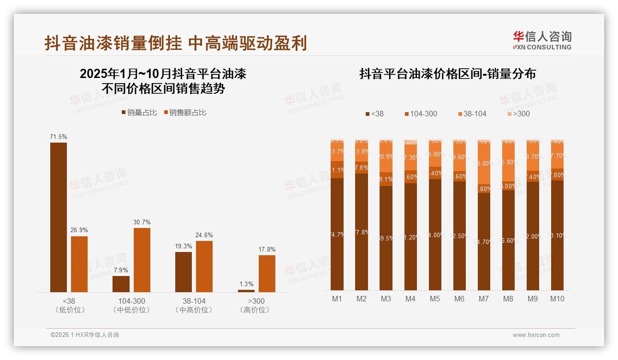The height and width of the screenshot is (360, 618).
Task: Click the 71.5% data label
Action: (x=59, y=137)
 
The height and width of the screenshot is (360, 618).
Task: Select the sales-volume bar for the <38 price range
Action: (x=59, y=217)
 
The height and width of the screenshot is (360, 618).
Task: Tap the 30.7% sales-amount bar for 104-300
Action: (x=142, y=260)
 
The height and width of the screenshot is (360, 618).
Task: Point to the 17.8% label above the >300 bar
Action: (x=267, y=249)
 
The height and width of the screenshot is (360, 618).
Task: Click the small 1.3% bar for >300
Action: (x=246, y=291)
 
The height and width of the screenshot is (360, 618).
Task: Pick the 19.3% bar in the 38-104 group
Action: (x=184, y=272)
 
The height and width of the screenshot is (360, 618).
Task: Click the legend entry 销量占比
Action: (x=139, y=113)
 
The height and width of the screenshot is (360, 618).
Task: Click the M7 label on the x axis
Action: (x=483, y=299)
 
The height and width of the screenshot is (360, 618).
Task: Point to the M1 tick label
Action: (x=337, y=299)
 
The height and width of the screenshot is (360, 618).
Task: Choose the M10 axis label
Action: (x=557, y=299)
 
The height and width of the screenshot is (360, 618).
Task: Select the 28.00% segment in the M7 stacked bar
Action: (x=483, y=164)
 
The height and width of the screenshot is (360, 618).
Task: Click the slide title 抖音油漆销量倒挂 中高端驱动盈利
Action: (x=176, y=43)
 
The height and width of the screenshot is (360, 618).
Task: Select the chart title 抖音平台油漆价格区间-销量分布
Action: (x=447, y=74)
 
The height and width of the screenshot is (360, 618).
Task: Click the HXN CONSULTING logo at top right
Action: (x=542, y=40)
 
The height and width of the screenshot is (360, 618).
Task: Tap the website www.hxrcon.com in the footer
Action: (x=536, y=335)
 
